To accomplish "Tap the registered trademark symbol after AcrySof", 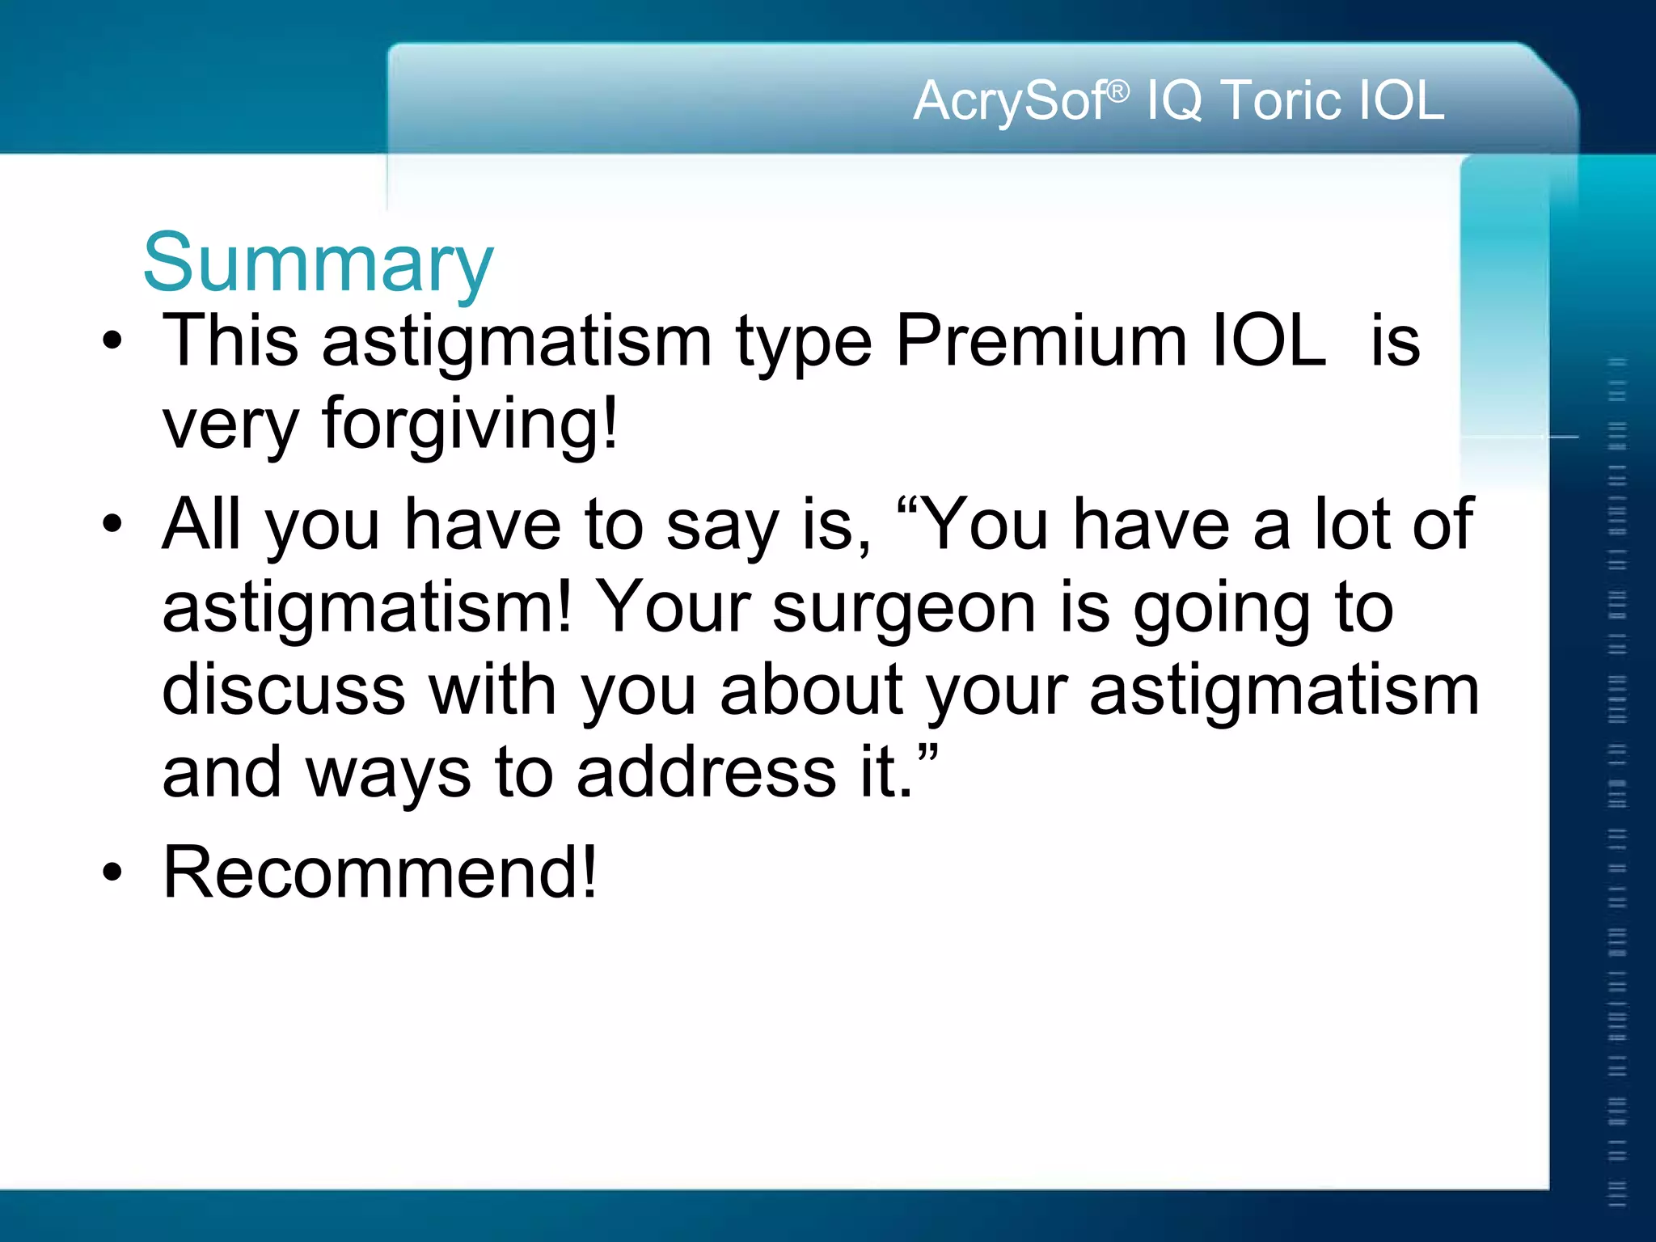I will click(1117, 91).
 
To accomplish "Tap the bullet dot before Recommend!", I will click(112, 872).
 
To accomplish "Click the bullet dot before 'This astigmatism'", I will click(112, 340).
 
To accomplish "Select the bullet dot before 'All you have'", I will click(112, 524).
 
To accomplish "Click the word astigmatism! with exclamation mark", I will click(368, 608).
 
